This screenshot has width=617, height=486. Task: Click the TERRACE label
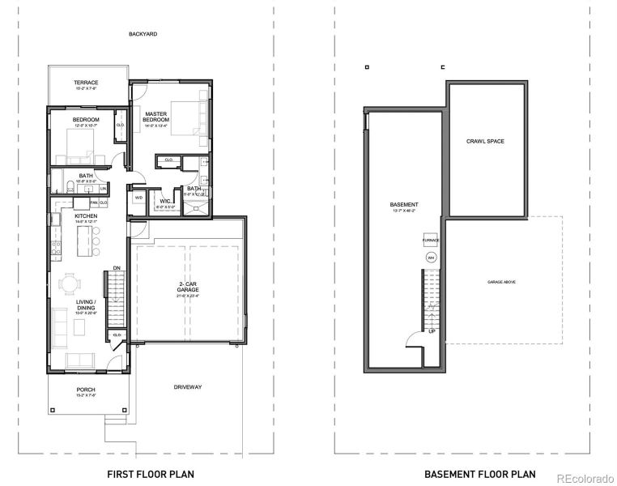pos(86,83)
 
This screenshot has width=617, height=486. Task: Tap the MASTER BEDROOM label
pos(155,117)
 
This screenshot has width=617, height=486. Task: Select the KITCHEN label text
pos(86,216)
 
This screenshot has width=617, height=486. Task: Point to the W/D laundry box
pos(138,197)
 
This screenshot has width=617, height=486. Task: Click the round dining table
pos(72,284)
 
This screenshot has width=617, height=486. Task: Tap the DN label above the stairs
pos(117,268)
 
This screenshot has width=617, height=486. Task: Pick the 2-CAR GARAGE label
pos(188,286)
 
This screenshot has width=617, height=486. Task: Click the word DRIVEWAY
pos(188,387)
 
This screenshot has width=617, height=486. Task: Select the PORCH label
pos(86,390)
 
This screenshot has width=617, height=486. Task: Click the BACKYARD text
pos(143,34)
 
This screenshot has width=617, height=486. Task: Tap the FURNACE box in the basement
pos(430,241)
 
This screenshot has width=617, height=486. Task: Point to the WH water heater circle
pos(430,257)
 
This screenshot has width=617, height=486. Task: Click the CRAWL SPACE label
pos(485,141)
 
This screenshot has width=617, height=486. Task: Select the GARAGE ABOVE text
pos(501,282)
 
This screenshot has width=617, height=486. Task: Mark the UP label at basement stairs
pos(432,331)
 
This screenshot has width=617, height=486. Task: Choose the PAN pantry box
pos(94,202)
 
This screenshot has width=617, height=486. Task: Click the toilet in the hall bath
pos(71,187)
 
